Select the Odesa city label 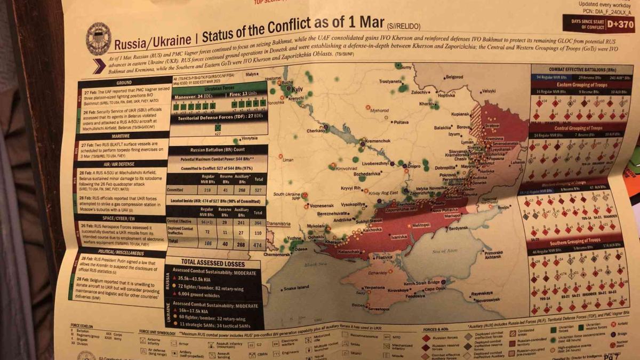pos(301,249)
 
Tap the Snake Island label pos(296,288)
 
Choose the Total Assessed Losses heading pos(213,263)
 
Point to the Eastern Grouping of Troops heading pos(576,84)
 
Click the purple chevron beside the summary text pos(99,66)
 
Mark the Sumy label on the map pos(406,67)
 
